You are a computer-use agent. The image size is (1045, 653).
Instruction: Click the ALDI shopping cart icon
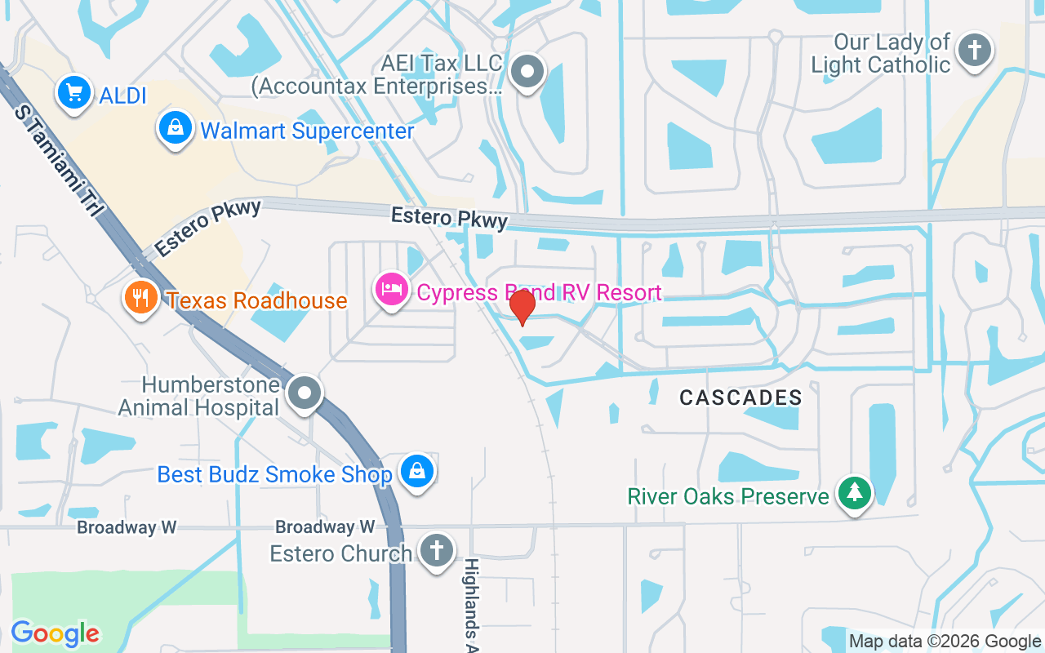(74, 93)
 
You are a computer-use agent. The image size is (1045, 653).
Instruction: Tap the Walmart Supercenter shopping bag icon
(175, 128)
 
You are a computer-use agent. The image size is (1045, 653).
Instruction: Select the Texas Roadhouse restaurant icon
(141, 297)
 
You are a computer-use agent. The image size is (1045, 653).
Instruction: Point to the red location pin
(522, 306)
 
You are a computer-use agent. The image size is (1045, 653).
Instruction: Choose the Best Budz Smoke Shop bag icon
(417, 472)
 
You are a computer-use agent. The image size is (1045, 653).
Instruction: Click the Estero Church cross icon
(437, 550)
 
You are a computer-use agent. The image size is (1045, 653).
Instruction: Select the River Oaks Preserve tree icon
(854, 494)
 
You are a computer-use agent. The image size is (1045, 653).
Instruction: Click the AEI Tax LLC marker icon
(527, 73)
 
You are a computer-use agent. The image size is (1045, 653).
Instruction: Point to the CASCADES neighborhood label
(741, 398)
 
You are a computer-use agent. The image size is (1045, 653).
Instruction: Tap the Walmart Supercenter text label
(307, 131)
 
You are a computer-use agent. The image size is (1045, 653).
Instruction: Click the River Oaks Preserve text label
(727, 495)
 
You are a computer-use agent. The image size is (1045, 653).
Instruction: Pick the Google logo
(55, 633)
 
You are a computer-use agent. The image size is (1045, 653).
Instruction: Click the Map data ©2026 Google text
(945, 642)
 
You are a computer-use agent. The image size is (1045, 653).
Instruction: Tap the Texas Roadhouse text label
(256, 300)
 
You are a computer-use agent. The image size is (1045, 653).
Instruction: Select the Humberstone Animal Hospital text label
(199, 395)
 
